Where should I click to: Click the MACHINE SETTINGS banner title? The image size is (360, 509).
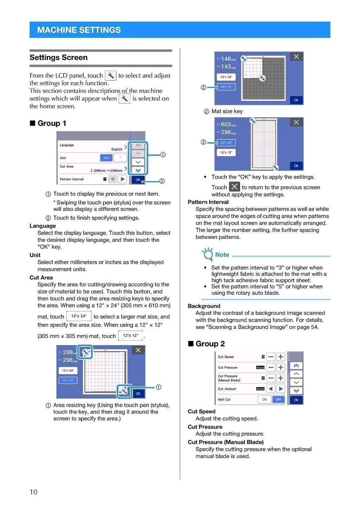[79, 30]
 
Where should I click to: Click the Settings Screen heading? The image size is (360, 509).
[58, 57]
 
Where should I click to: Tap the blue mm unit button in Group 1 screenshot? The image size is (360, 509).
[106, 158]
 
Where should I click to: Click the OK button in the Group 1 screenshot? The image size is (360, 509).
[138, 180]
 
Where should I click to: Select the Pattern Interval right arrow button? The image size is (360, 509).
[122, 179]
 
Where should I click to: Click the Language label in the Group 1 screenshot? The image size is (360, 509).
[67, 145]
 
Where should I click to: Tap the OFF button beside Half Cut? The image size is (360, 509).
[278, 399]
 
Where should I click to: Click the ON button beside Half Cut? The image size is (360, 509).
[264, 399]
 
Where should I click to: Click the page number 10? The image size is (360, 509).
[33, 492]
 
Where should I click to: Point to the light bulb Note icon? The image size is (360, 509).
[208, 254]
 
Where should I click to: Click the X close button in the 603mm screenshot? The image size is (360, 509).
[296, 122]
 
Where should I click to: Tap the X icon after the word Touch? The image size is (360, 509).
[234, 187]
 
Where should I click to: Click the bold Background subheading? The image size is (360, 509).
[204, 306]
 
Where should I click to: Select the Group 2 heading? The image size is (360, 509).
[210, 344]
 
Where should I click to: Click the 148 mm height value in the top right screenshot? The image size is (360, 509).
[226, 59]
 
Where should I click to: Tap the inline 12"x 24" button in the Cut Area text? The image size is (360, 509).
[79, 316]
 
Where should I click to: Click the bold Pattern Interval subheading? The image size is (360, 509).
[208, 202]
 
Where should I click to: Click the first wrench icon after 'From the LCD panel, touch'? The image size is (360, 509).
[110, 76]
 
